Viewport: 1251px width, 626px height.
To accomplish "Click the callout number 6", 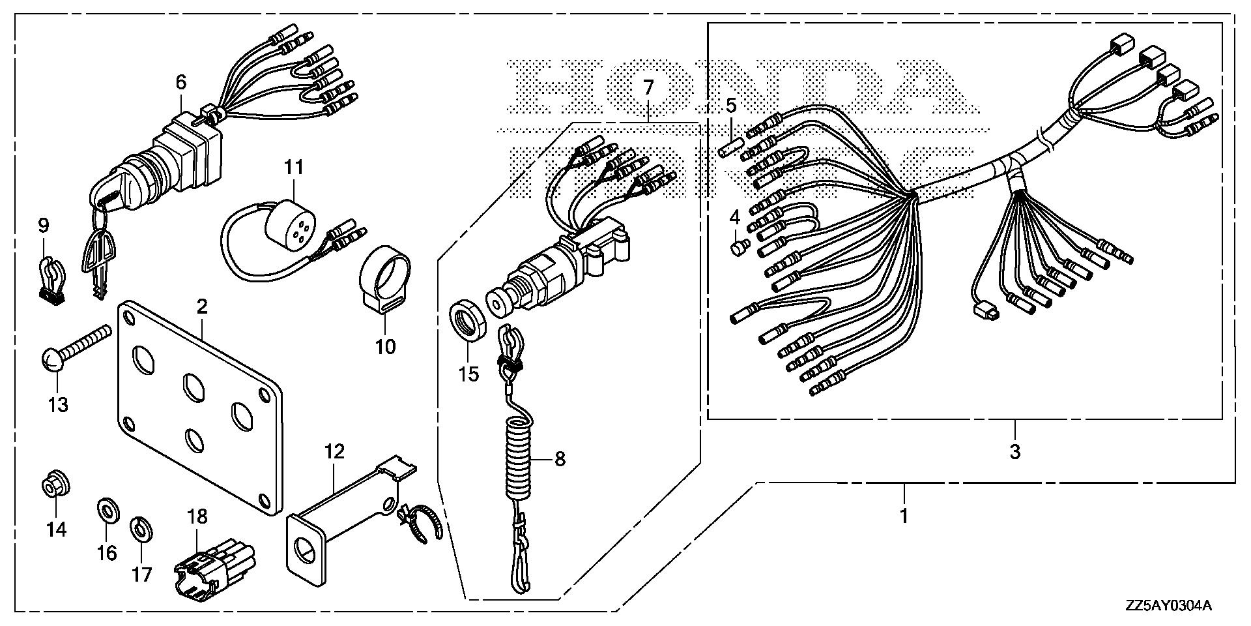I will point(180,82).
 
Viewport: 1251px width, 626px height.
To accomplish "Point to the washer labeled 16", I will point(105,509).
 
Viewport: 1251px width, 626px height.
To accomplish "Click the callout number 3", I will point(1014,451).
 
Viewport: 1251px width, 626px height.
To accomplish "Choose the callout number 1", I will point(904,516).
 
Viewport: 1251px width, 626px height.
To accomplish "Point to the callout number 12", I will point(335,452).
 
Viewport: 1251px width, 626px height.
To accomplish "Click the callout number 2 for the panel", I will point(202,306).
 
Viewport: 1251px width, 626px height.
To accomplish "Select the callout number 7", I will point(647,87).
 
